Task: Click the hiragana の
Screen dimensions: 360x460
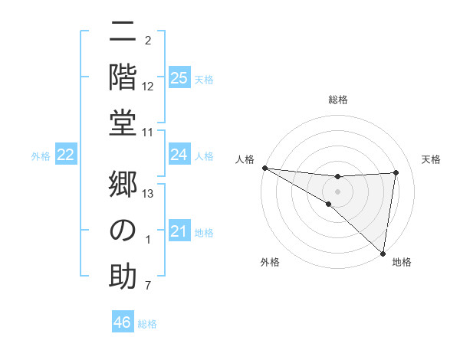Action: tap(123, 231)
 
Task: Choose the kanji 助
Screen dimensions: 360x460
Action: tap(123, 274)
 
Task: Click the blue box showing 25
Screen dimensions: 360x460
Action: tap(179, 78)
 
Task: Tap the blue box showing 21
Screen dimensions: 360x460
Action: tap(179, 231)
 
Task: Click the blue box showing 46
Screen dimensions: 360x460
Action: tap(123, 322)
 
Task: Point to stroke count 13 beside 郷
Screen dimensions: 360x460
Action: tap(148, 194)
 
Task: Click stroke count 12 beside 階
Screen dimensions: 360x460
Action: tap(148, 86)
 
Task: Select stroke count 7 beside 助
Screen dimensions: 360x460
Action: tap(148, 286)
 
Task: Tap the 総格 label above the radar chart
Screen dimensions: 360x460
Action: tap(338, 100)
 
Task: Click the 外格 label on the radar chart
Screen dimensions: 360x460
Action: tap(270, 263)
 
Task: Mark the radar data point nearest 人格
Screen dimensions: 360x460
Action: tap(264, 168)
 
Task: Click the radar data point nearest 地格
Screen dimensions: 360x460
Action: tap(383, 252)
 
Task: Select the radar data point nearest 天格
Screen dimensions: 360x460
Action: tap(396, 172)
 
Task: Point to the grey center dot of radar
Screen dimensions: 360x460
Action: tap(338, 190)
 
